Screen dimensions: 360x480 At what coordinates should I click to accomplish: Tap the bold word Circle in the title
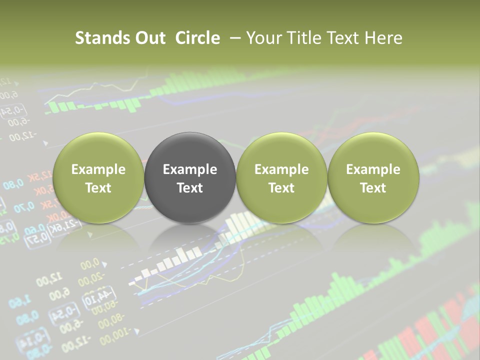click(197, 38)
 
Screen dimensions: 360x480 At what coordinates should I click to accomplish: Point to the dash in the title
click(233, 38)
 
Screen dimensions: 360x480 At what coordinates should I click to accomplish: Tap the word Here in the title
click(383, 38)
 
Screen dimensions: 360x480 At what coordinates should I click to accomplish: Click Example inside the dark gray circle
click(190, 169)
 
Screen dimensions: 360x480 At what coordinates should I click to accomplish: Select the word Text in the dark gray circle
click(190, 188)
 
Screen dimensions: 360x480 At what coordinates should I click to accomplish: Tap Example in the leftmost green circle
click(98, 169)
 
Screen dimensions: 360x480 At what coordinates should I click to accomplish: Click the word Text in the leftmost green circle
click(98, 188)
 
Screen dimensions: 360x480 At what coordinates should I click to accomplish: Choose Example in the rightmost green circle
click(373, 169)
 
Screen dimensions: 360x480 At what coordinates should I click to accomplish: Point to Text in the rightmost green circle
click(373, 188)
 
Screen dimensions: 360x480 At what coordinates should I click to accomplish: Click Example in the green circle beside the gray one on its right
click(281, 169)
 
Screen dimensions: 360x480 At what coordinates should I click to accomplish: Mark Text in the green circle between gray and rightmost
click(281, 188)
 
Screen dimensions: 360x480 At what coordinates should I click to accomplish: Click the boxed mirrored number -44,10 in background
click(99, 297)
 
